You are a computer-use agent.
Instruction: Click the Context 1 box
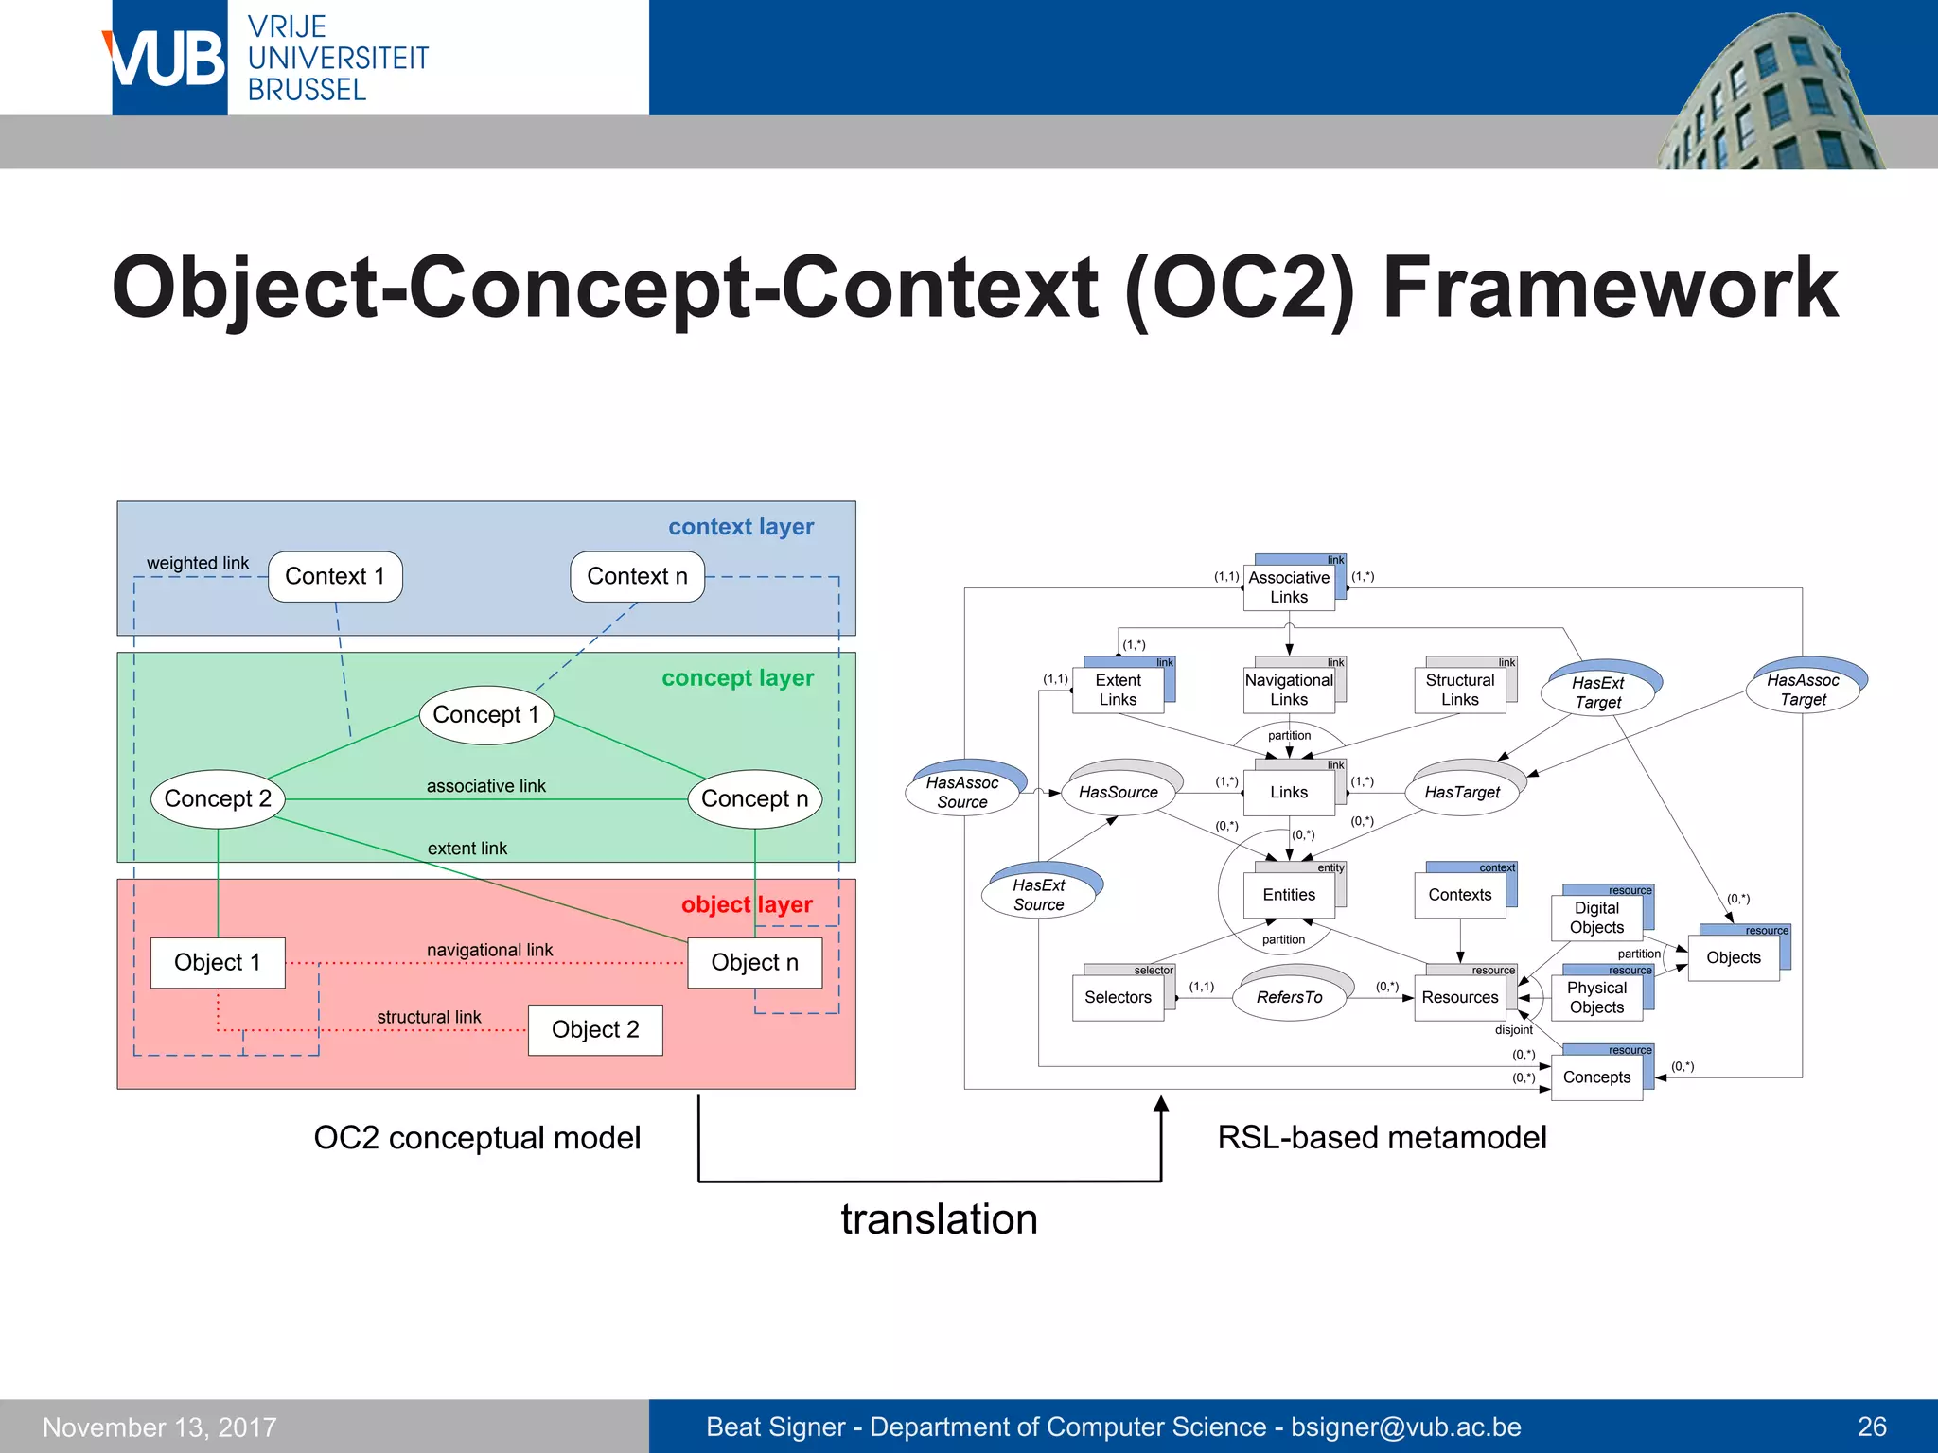pos(335,576)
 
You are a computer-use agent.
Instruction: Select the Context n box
pos(637,576)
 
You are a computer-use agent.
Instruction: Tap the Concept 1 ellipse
pos(485,715)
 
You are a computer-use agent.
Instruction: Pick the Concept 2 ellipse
pos(218,799)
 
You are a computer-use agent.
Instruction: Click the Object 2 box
pos(595,1029)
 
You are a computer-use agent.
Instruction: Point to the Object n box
pos(754,963)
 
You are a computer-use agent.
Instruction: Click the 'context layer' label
pos(740,527)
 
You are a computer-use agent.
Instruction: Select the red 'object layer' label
pos(747,904)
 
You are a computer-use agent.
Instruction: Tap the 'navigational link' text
pos(489,950)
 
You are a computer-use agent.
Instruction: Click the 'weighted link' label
pos(197,563)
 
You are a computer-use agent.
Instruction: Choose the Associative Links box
pos(1288,587)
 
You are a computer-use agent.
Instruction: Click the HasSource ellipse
pos(1118,793)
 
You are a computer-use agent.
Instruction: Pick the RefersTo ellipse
pos(1289,997)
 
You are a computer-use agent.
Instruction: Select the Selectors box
pos(1118,997)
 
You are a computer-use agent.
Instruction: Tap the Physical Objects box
pos(1596,998)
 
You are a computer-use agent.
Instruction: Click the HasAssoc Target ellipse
pos(1803,690)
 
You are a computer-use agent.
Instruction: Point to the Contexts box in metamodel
pos(1459,895)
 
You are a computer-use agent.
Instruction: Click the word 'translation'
pos(939,1219)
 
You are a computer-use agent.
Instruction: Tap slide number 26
pos(1871,1427)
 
